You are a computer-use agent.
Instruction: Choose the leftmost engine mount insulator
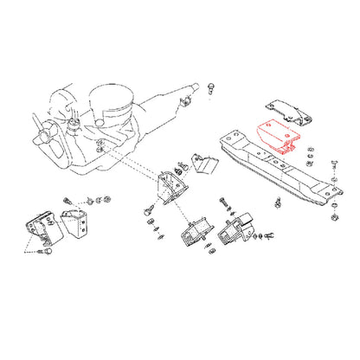pyautogui.click(x=38, y=228)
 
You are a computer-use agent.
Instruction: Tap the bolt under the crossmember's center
pyautogui.click(x=275, y=204)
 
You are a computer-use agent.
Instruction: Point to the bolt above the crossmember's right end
pyautogui.click(x=334, y=163)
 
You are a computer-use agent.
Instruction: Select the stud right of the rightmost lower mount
pyautogui.click(x=268, y=234)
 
